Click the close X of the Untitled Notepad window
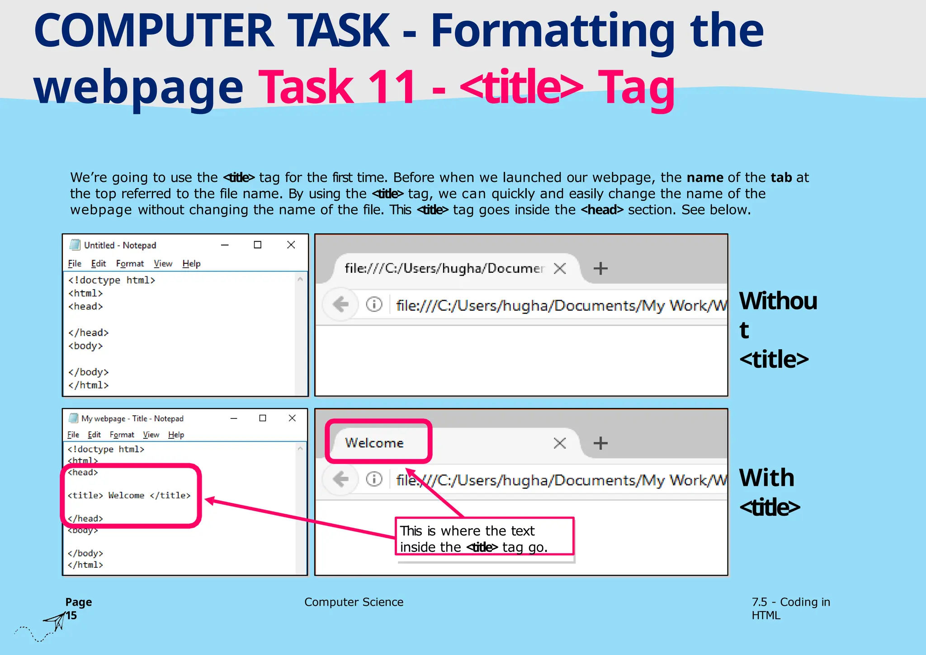point(291,245)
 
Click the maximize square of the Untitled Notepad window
point(258,245)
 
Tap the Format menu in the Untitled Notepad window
point(130,263)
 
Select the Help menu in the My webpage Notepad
point(176,435)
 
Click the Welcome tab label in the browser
point(374,443)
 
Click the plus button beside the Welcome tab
point(600,443)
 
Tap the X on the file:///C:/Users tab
point(560,268)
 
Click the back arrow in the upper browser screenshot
point(340,304)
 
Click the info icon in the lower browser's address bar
point(374,479)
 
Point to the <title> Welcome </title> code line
point(129,495)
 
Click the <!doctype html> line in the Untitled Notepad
point(112,280)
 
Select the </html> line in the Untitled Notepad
point(89,385)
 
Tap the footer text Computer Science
point(354,602)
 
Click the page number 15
point(71,616)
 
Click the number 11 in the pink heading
point(392,87)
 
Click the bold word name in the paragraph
point(705,177)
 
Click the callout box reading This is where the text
point(484,536)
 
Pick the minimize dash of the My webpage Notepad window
point(234,418)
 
